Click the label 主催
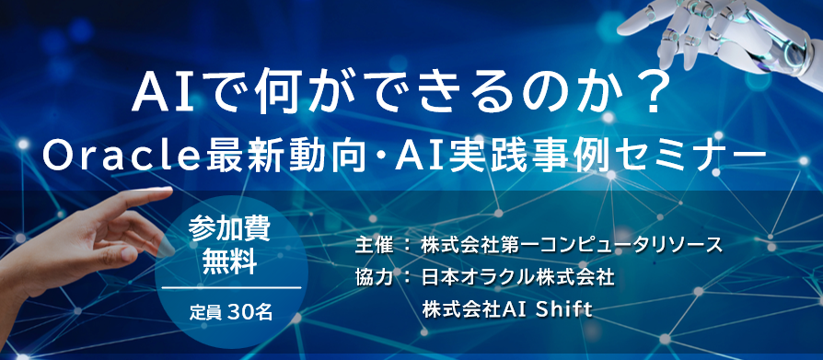(x=374, y=245)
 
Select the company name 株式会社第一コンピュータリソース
(x=572, y=245)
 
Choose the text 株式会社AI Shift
(x=507, y=310)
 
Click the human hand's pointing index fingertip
(x=167, y=192)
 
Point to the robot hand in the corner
(x=724, y=37)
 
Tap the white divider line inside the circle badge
(x=231, y=288)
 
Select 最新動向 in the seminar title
(x=284, y=157)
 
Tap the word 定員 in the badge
(x=207, y=313)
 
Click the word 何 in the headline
(x=273, y=96)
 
